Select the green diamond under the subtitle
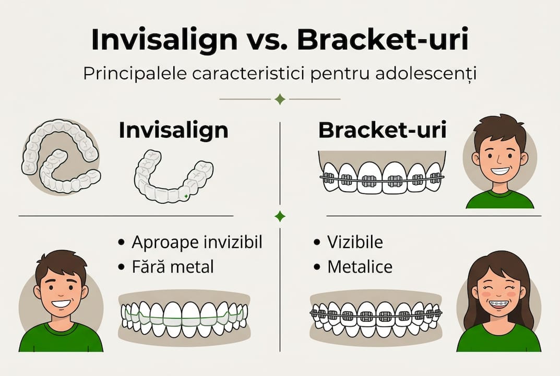point(280,99)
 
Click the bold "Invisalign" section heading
point(173,131)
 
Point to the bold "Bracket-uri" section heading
point(382,131)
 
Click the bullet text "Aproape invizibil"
point(197,242)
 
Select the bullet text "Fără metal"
point(173,267)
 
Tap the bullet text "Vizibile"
point(355,242)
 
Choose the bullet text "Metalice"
point(360,267)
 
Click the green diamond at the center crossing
point(280,216)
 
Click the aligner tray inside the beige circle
point(61,157)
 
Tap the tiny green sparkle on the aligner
point(186,196)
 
